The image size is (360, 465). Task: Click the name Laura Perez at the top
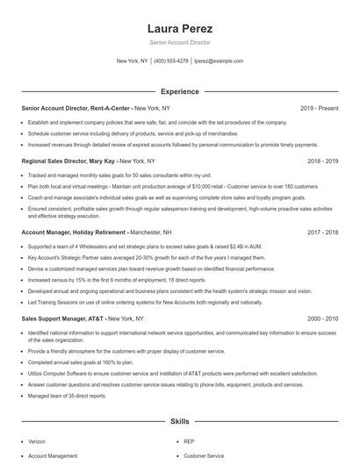point(180,28)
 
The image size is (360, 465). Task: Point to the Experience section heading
point(180,91)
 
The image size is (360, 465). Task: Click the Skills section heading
point(180,422)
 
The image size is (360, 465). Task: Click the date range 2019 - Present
point(319,108)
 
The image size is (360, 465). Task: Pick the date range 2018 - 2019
point(320,161)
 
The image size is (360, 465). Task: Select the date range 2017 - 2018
point(320,232)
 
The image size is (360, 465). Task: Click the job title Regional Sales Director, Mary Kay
point(68,161)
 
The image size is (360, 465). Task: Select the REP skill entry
point(190,441)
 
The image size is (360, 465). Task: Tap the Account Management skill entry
point(53,456)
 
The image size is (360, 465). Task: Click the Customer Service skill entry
point(204,456)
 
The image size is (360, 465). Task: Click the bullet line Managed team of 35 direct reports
point(68,396)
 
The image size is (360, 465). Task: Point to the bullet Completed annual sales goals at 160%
point(80,361)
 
